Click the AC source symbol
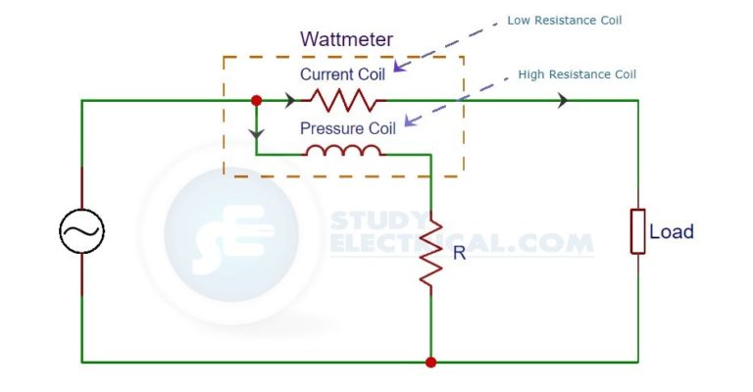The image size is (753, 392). [81, 231]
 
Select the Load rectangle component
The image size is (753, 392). [637, 231]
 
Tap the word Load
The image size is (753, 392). [672, 232]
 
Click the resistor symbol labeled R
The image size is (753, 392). [430, 250]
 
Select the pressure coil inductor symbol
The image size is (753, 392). [344, 151]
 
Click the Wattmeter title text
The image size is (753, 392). [346, 41]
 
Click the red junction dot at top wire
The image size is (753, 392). [256, 100]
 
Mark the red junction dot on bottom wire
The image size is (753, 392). [430, 362]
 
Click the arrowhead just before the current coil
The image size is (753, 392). [290, 100]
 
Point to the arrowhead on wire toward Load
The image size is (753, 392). [563, 100]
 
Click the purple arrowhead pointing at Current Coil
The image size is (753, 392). [398, 68]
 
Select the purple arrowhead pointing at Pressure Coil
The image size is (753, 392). [410, 121]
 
